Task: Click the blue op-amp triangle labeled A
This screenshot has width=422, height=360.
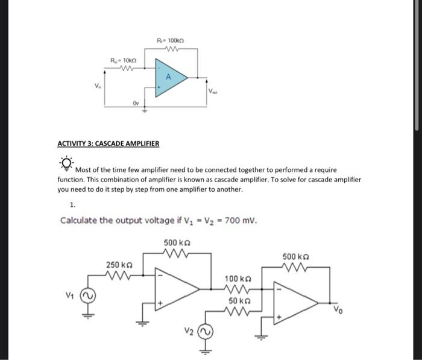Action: point(169,77)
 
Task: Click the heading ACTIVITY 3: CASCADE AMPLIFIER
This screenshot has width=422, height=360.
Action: point(109,144)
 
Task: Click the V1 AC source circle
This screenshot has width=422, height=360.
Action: point(89,295)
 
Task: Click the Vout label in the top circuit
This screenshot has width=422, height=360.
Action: point(214,91)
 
